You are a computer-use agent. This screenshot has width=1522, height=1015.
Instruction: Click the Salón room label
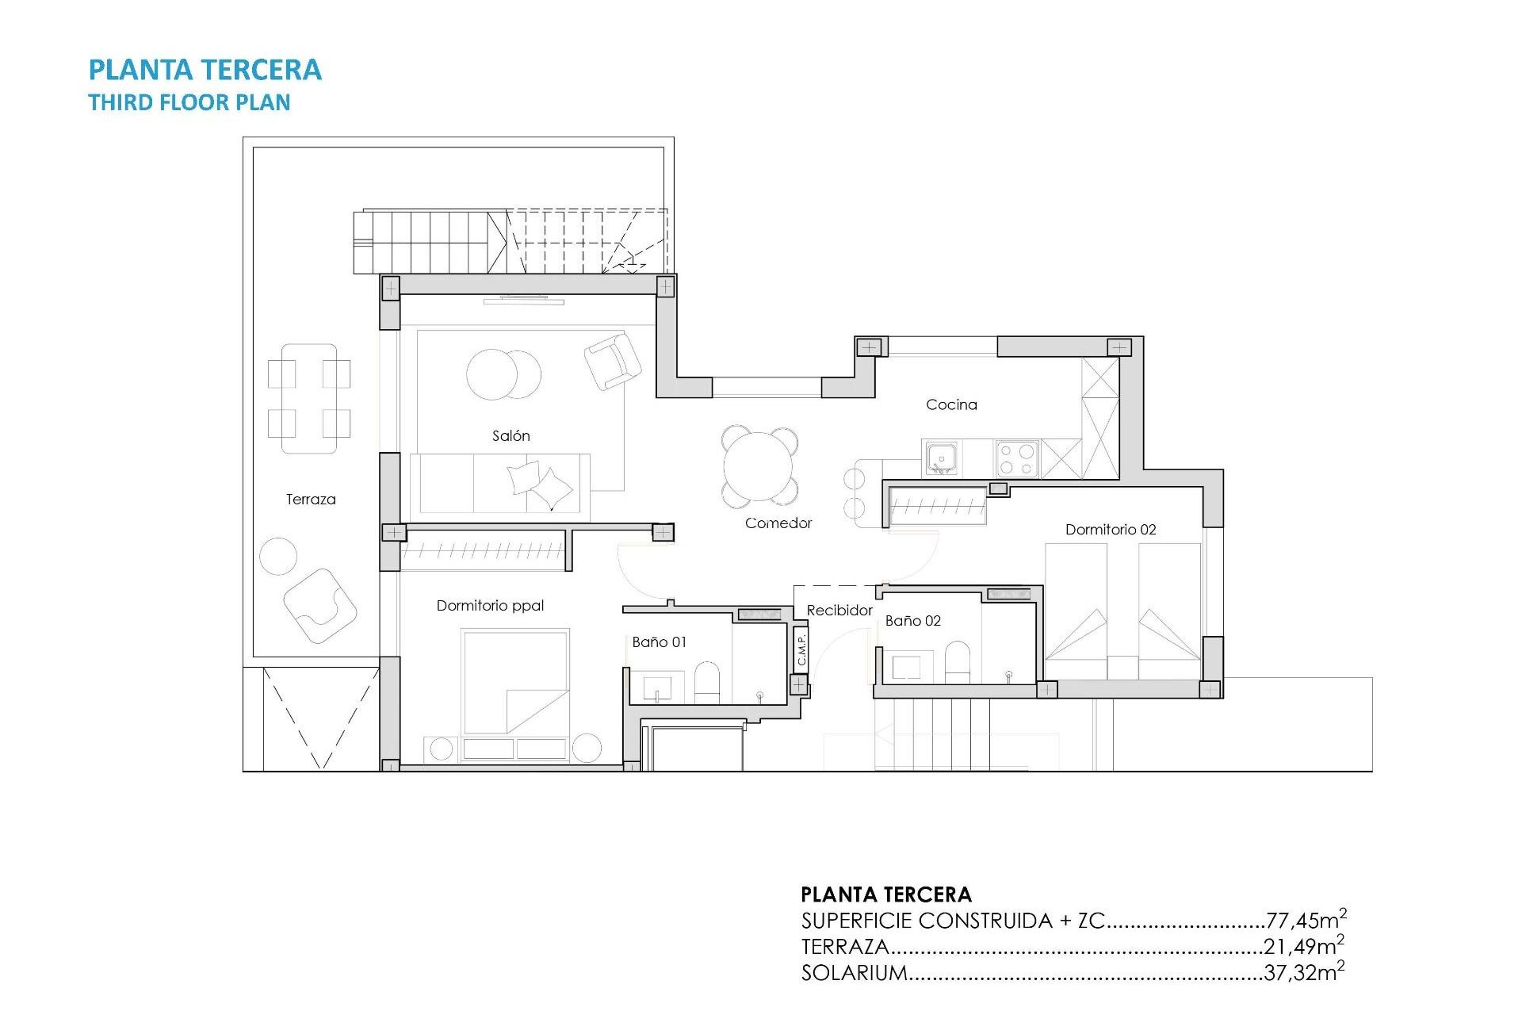pyautogui.click(x=511, y=436)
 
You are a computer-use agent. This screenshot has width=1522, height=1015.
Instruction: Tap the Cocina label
pyautogui.click(x=951, y=404)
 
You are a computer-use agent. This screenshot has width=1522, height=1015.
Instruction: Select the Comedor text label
pyautogui.click(x=778, y=523)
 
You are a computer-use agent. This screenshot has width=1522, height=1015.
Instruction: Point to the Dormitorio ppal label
pyautogui.click(x=490, y=606)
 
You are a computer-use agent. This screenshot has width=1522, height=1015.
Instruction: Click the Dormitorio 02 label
pyautogui.click(x=1110, y=530)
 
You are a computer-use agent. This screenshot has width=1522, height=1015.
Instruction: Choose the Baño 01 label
pyautogui.click(x=659, y=642)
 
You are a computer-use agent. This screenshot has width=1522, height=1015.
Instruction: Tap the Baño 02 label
pyautogui.click(x=912, y=621)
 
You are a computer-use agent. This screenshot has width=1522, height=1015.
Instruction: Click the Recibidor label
pyautogui.click(x=839, y=611)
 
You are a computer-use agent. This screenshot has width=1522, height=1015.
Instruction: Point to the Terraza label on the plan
pyautogui.click(x=311, y=500)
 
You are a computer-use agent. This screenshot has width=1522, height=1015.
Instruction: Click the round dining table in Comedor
pyautogui.click(x=759, y=466)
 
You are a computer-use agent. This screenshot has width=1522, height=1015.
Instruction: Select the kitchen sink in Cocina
pyautogui.click(x=941, y=458)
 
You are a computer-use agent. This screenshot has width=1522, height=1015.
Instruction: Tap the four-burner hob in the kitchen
pyautogui.click(x=1017, y=458)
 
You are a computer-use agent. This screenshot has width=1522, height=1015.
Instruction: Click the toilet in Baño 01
pyautogui.click(x=706, y=682)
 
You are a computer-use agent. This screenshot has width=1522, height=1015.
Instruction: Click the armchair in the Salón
pyautogui.click(x=612, y=361)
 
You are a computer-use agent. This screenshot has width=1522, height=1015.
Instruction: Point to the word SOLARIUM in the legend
pyautogui.click(x=854, y=973)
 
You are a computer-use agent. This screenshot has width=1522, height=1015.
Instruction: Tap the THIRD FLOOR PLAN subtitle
pyautogui.click(x=189, y=103)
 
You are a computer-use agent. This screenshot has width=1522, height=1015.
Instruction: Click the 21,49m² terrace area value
pyautogui.click(x=1303, y=946)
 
